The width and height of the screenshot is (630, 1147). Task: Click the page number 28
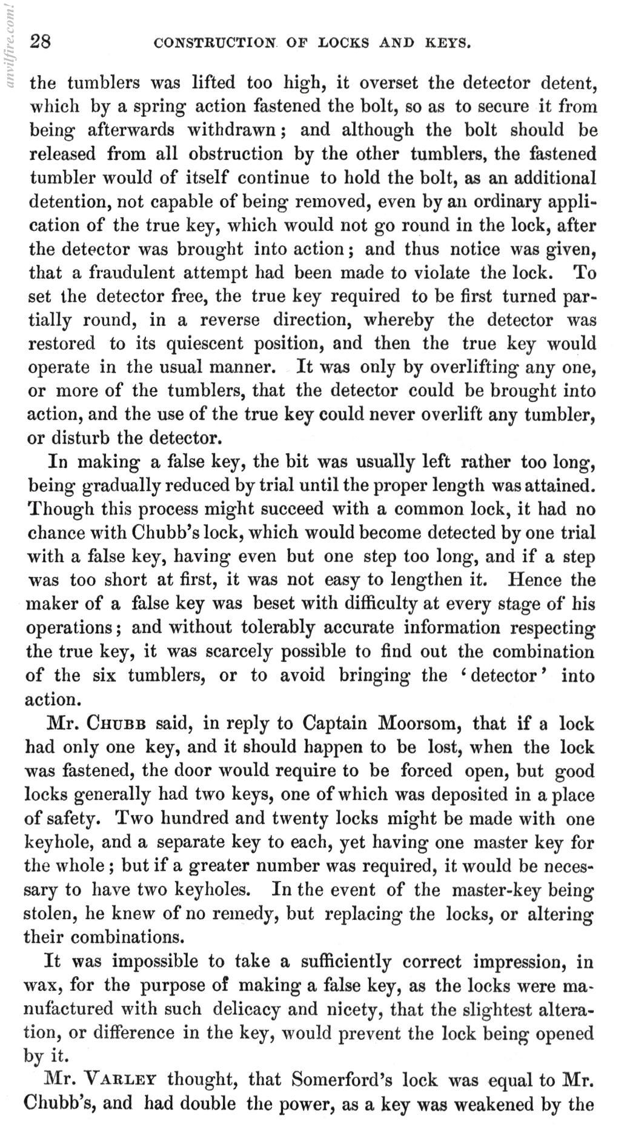click(41, 42)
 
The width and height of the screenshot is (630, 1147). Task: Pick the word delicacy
click(250, 1009)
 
